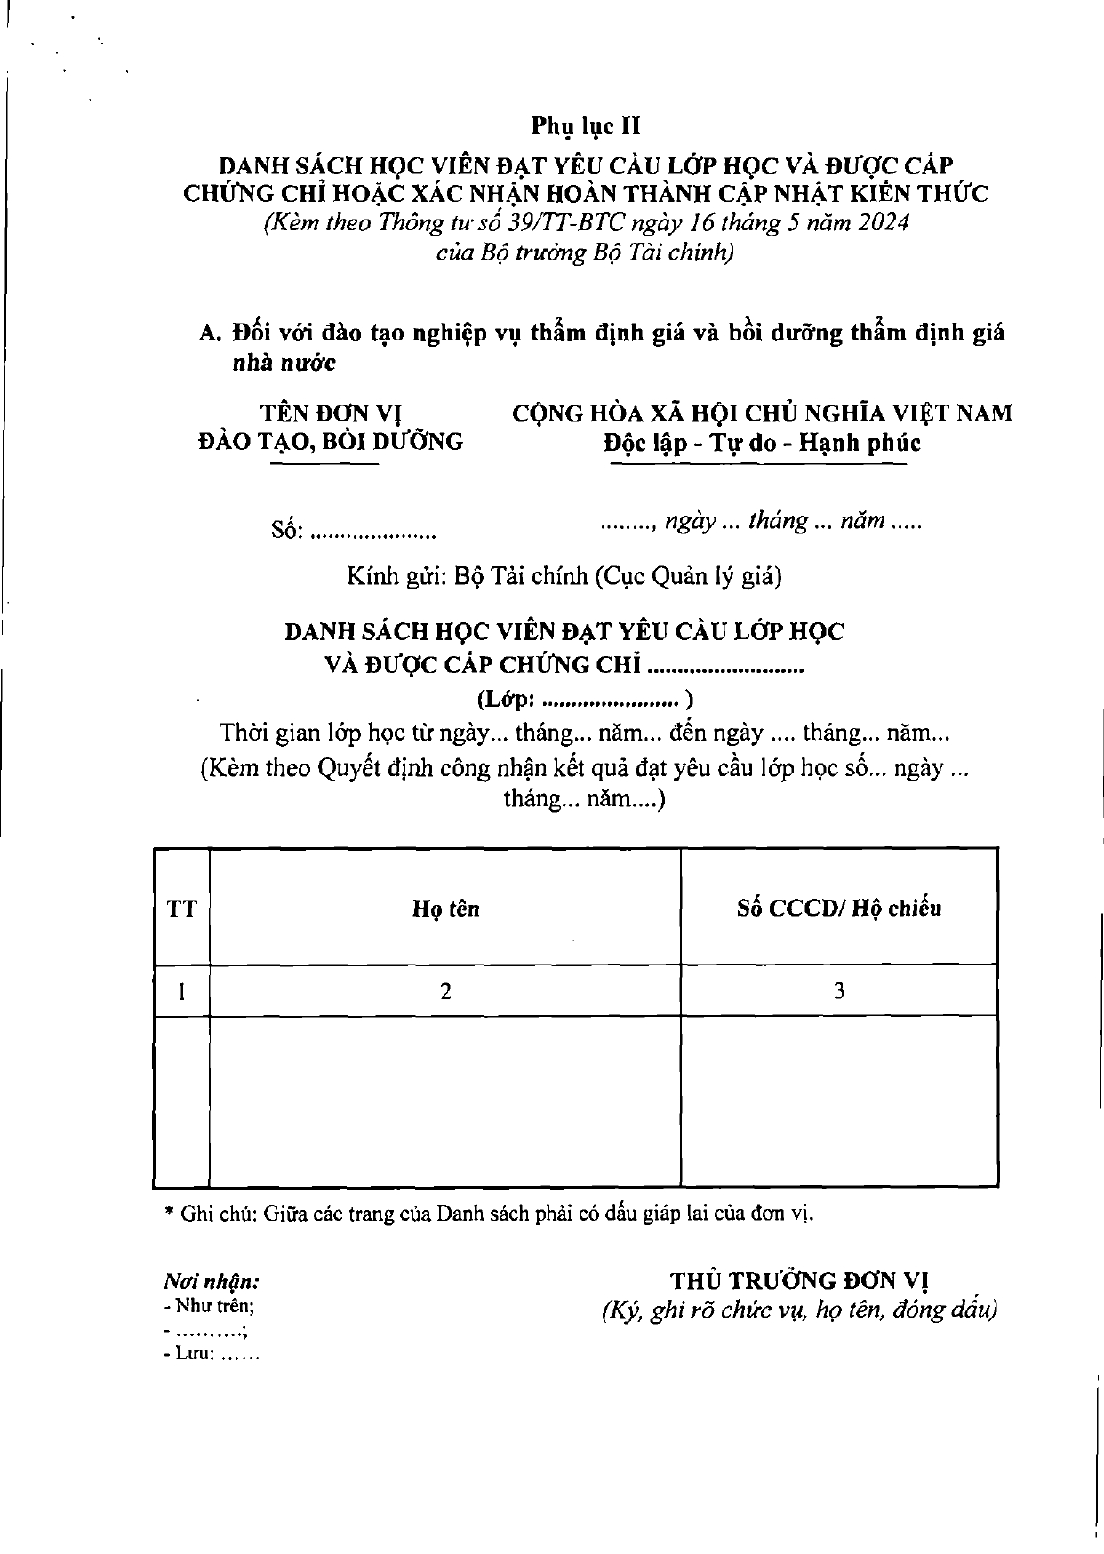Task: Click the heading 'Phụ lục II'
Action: (x=586, y=126)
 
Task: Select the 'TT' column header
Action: (x=181, y=909)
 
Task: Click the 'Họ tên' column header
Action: (x=445, y=909)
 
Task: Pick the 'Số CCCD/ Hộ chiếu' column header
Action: (x=838, y=909)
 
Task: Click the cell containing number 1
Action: (x=181, y=990)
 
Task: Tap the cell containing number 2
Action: (x=445, y=990)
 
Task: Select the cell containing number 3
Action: (x=838, y=990)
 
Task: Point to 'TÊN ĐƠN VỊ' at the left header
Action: (x=332, y=413)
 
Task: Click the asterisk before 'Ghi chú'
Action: (x=169, y=1213)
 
